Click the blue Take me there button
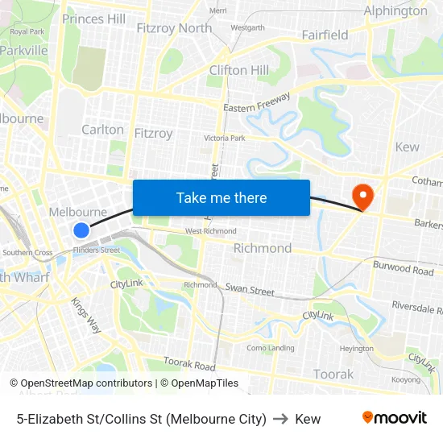pos(221,197)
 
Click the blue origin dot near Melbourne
pos(81,230)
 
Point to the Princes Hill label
pos(93,19)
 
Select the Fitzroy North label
pos(174,28)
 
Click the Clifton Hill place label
pos(239,70)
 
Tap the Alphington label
pos(395,11)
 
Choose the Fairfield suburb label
pos(325,35)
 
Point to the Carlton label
pos(103,129)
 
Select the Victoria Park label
pos(224,139)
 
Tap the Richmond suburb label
pos(263,248)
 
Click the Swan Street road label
pos(250,288)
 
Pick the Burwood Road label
pos(403,267)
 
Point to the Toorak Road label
pos(189,365)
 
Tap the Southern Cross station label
pos(27,253)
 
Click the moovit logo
pos(395,418)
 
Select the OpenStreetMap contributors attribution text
pos(86,383)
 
